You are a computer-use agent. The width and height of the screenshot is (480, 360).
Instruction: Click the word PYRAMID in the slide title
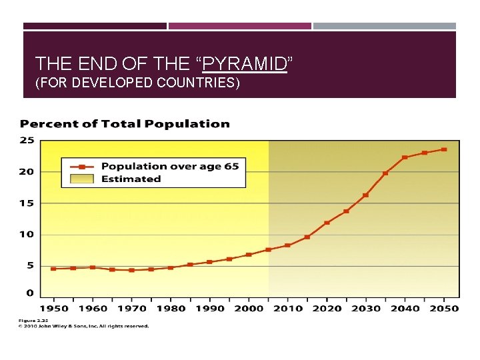point(244,64)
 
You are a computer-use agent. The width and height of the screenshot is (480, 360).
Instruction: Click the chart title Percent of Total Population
point(125,124)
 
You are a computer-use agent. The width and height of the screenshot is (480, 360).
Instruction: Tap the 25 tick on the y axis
point(27,140)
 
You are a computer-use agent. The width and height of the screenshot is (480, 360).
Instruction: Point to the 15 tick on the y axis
point(27,203)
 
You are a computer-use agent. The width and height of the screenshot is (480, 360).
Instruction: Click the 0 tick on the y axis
point(29,293)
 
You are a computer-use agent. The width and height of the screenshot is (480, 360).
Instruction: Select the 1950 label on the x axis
point(53,308)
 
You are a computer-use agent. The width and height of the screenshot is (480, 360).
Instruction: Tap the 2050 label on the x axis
point(443,308)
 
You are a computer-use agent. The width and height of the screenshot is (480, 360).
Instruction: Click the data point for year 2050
point(444,149)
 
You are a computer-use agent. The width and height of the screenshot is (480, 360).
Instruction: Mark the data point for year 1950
point(53,269)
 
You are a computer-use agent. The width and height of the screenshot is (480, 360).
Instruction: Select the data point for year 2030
point(365,195)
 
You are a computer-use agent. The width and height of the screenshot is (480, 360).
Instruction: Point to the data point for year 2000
point(249,255)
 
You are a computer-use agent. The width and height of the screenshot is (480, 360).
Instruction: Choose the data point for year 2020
point(327,223)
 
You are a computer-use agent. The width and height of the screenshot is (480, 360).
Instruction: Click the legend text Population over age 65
point(169,166)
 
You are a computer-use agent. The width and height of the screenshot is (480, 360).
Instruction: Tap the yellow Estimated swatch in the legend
point(82,179)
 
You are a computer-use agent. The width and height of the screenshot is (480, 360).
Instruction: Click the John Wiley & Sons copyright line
point(83,326)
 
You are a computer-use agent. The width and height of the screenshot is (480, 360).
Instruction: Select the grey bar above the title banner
point(385,26)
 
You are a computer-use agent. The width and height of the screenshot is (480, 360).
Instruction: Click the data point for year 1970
point(131,270)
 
